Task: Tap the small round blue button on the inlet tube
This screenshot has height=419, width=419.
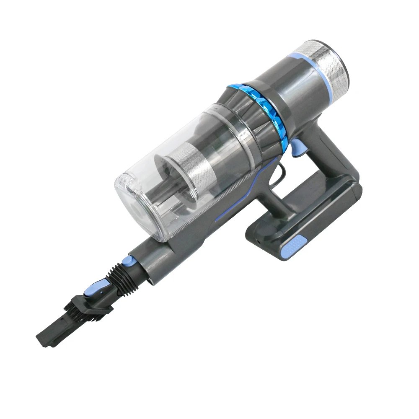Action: click(x=126, y=263)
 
